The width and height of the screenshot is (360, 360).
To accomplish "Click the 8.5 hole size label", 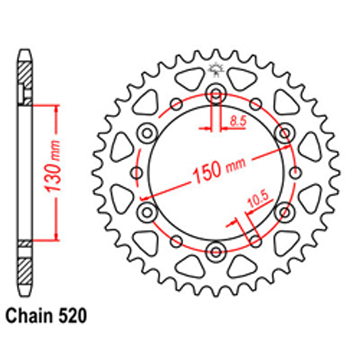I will coord(238,121).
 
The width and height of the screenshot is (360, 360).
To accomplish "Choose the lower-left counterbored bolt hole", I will coord(147,211).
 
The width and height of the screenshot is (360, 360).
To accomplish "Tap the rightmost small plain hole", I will coord(296,173).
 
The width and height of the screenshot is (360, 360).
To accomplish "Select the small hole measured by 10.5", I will coord(255,241).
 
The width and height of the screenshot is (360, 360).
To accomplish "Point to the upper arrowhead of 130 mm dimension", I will coord(56,108).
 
